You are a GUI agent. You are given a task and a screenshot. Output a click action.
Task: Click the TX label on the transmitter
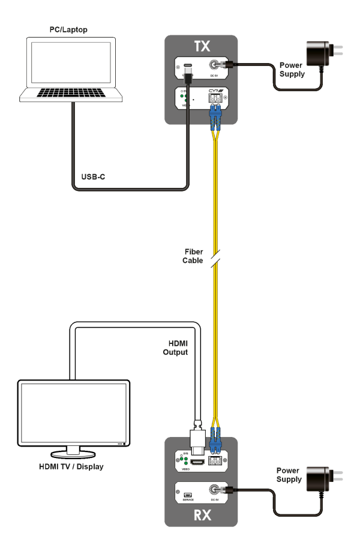click(202, 47)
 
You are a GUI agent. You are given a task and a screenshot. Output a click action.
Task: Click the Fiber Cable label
click(193, 256)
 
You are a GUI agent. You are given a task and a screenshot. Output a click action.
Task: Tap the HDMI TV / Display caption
click(74, 466)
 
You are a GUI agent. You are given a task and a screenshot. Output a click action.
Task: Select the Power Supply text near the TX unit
click(292, 70)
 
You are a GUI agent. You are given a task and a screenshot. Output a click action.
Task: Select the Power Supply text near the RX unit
click(289, 475)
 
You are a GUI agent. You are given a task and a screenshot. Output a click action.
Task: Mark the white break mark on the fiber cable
click(217, 257)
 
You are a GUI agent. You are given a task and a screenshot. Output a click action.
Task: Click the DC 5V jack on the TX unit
click(214, 67)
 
